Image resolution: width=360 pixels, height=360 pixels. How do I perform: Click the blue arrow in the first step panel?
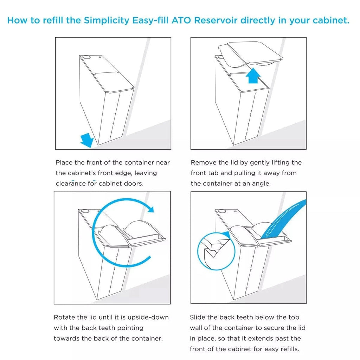coord(87,140)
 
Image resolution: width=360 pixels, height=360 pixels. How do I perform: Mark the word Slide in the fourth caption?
coord(198,317)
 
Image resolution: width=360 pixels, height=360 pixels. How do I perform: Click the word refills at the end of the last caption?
coord(288,349)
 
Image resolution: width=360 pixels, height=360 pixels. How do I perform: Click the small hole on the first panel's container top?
coord(100,56)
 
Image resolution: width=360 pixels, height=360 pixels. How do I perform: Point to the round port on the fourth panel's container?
coord(221,211)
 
